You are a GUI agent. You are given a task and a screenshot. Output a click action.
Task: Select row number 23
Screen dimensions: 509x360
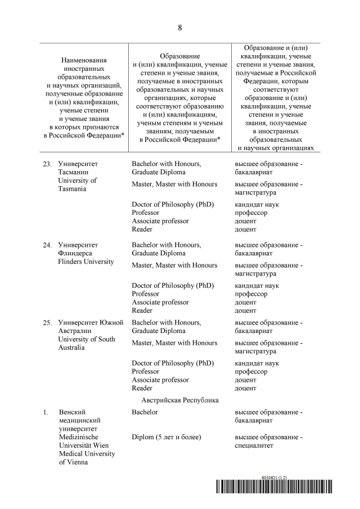point(48,164)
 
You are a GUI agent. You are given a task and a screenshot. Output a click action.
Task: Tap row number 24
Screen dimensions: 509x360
point(48,245)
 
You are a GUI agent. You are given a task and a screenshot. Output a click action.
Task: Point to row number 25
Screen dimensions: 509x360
point(48,323)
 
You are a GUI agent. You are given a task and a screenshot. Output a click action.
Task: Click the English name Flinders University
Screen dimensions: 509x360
point(86,262)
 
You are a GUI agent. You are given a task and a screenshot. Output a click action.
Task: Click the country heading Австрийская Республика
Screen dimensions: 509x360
point(179,400)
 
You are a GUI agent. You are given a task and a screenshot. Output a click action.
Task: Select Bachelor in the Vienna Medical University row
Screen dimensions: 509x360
point(145,412)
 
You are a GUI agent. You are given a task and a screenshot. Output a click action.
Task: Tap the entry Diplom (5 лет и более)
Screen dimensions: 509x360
point(166,437)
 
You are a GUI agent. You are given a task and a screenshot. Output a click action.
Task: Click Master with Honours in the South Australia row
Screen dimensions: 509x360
point(174,343)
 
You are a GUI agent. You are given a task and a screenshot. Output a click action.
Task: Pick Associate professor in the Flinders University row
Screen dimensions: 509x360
point(160,302)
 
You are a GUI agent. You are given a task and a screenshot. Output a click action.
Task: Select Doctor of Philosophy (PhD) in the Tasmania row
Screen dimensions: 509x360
point(173,205)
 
